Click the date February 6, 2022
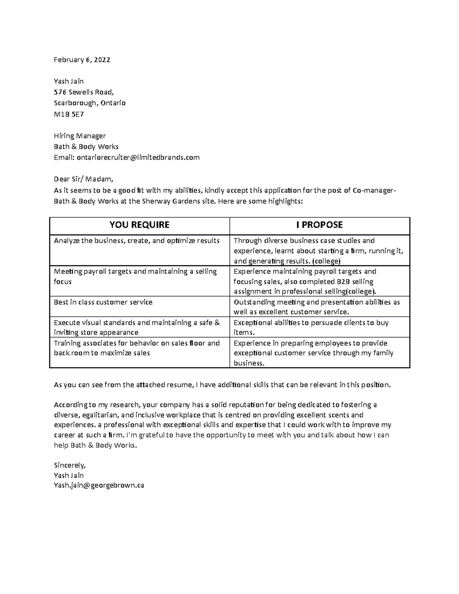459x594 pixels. click(82, 60)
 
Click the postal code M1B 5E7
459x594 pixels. click(68, 114)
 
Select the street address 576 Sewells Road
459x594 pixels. click(84, 92)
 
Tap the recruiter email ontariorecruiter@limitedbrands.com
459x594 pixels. click(138, 157)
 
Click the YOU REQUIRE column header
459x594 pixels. click(139, 225)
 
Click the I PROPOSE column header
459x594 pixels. click(319, 225)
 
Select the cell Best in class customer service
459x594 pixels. click(103, 302)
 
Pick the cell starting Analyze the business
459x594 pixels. click(137, 241)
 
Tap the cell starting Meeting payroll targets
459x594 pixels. click(135, 276)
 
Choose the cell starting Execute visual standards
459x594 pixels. click(137, 327)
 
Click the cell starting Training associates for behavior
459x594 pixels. click(137, 348)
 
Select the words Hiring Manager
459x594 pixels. click(80, 136)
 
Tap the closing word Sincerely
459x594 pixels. click(70, 465)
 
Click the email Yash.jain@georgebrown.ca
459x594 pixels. click(99, 485)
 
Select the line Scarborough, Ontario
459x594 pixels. click(90, 103)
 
